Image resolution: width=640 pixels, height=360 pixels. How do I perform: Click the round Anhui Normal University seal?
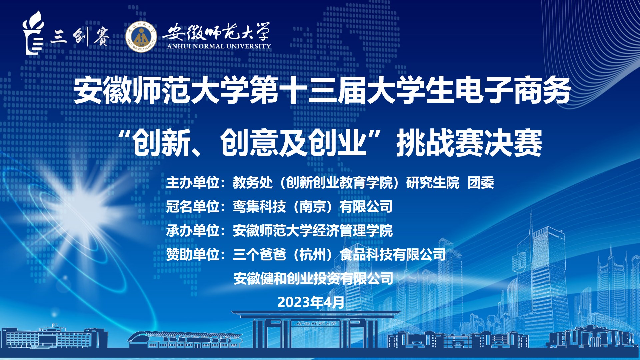(x=141, y=37)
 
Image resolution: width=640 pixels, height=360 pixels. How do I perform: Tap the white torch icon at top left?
(x=33, y=33)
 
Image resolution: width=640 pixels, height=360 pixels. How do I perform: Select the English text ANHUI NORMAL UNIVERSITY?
(x=219, y=46)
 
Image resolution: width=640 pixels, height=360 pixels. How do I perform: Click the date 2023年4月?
(x=311, y=302)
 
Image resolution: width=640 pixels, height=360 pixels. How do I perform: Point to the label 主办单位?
(x=193, y=183)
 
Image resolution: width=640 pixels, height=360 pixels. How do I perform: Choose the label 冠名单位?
(x=193, y=207)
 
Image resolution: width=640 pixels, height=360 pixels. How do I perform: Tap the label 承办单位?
(x=193, y=231)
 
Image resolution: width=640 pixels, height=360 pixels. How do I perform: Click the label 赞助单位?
(x=193, y=255)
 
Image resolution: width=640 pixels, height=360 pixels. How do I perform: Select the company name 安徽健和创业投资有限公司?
(x=313, y=279)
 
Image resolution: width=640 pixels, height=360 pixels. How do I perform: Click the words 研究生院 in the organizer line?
(x=433, y=183)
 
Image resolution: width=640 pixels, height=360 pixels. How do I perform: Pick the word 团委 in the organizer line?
(x=481, y=183)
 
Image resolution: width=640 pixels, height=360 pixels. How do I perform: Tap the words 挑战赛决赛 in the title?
(x=469, y=143)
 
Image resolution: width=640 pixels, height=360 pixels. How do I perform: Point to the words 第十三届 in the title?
(x=309, y=90)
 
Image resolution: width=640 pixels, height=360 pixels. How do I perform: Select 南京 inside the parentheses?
(x=313, y=207)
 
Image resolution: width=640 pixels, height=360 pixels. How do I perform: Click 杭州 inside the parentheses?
(x=313, y=255)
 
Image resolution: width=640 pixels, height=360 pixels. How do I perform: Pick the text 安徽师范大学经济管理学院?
(x=313, y=231)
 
